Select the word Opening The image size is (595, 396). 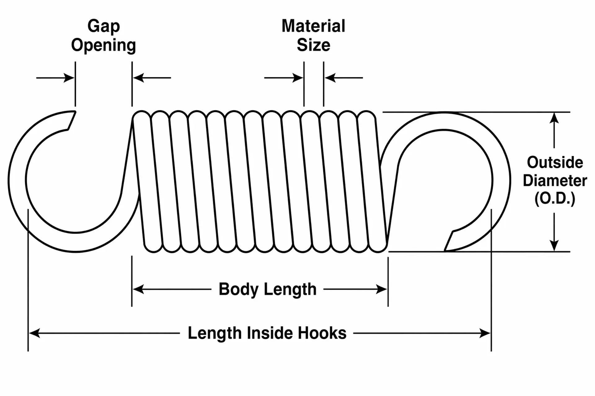point(104,46)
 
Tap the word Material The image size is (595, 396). point(313,26)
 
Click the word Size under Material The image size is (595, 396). point(313,45)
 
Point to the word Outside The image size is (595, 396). point(555,162)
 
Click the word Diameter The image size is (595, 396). point(555,180)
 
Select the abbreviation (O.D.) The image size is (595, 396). point(555,199)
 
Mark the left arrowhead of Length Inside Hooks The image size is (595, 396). point(34,333)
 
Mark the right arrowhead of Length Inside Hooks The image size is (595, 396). point(485,333)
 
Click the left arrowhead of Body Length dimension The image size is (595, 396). point(138,290)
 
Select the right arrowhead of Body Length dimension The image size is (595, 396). point(381,290)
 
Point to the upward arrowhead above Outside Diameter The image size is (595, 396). point(554,118)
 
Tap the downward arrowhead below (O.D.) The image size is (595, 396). point(554,245)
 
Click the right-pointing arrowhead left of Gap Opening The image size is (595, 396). point(69,78)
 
